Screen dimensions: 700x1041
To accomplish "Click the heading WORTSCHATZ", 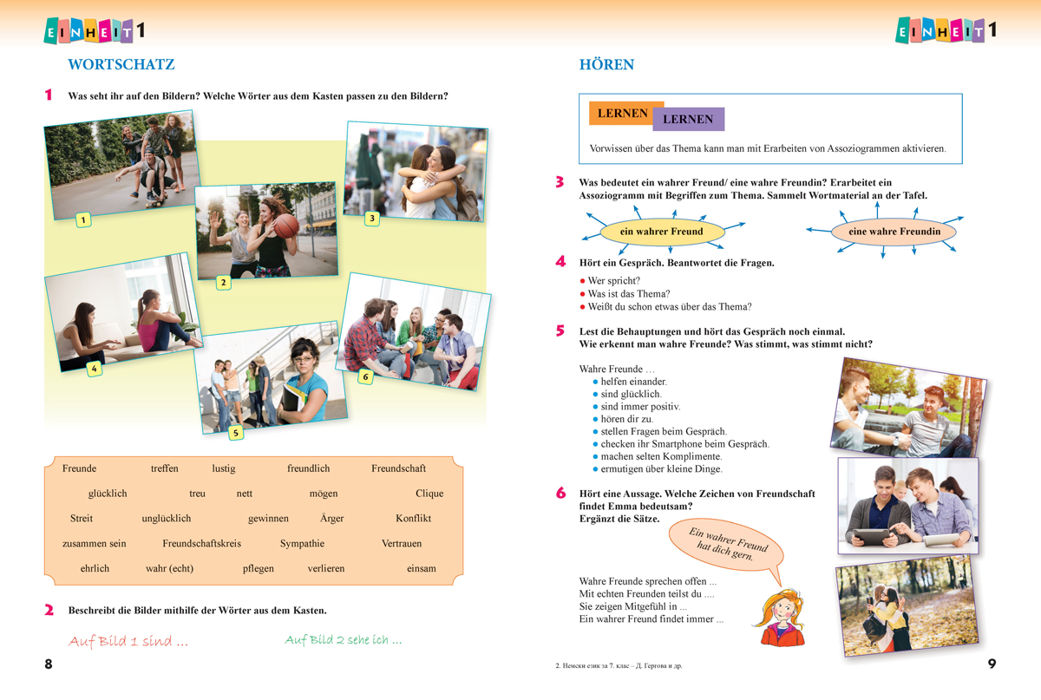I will tap(121, 64).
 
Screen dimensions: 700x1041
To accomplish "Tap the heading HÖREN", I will tap(606, 64).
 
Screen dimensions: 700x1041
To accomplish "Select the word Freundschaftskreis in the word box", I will tap(201, 544).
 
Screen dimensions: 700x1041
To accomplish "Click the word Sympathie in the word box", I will tap(302, 544).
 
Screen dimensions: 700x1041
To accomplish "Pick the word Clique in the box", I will tap(429, 494).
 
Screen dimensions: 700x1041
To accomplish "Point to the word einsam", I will tap(422, 569).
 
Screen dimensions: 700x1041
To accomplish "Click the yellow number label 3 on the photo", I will tap(371, 219).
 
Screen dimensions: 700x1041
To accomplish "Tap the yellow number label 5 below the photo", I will tap(235, 432).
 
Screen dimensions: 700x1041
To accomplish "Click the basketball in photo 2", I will tap(285, 226).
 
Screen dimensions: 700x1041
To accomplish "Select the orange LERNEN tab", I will tap(623, 114).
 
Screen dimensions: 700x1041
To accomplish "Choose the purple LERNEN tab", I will tap(688, 120).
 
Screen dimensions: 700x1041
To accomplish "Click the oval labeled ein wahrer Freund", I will tap(661, 232).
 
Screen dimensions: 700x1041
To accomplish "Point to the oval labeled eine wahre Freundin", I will tap(894, 232).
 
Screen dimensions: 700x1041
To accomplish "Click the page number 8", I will tap(49, 664).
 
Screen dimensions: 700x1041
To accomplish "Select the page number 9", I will tap(992, 664).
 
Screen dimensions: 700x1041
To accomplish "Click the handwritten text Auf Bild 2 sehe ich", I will tap(343, 641).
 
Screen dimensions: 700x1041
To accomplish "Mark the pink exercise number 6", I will tap(560, 494).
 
